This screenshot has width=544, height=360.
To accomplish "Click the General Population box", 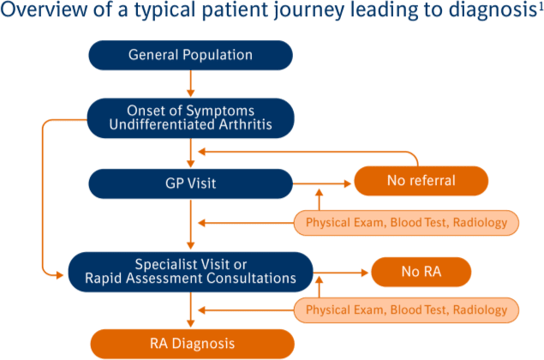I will [x=190, y=56].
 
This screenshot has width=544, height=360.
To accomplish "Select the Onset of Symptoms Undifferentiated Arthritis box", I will [x=190, y=117].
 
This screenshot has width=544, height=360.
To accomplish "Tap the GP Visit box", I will [x=190, y=183].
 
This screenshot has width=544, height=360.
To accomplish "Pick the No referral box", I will [x=421, y=182].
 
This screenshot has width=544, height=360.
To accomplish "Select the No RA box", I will [x=421, y=273].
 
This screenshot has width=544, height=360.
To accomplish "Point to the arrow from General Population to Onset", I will [x=189, y=84].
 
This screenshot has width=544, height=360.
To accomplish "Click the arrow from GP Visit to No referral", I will [x=323, y=183].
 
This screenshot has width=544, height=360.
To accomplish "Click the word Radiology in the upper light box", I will [x=486, y=224].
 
